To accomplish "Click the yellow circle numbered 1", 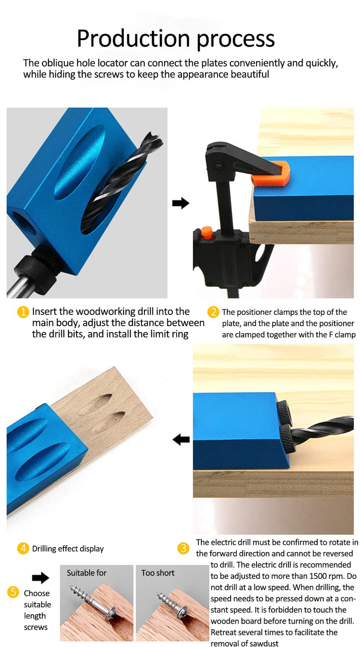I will click(x=23, y=312).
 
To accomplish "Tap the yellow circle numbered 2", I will click(x=213, y=312).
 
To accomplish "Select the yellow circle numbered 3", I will click(x=184, y=548).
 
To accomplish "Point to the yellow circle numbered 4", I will click(x=23, y=549).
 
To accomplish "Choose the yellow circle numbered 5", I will click(x=13, y=593).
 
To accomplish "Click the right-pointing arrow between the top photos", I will click(x=180, y=203).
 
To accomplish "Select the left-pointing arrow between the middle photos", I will click(x=181, y=440).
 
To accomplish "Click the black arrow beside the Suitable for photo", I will click(x=41, y=578).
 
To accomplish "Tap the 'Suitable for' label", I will click(x=86, y=573).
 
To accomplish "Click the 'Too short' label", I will click(x=158, y=573).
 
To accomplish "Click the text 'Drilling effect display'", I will click(x=68, y=549).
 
